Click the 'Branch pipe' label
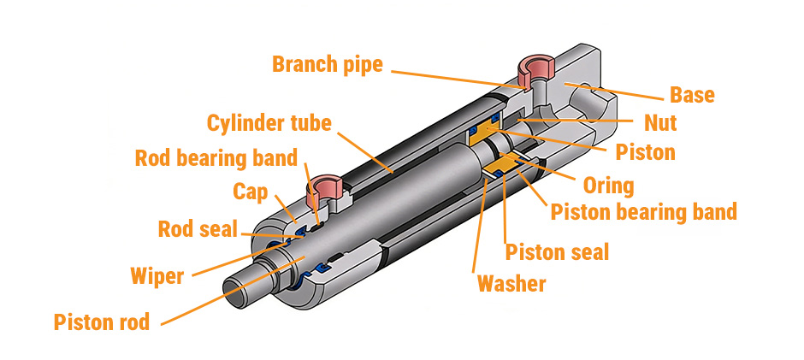pyautogui.click(x=328, y=64)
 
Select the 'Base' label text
pyautogui.click(x=692, y=94)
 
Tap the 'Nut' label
pyautogui.click(x=660, y=123)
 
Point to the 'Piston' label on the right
pyautogui.click(x=645, y=152)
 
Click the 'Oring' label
pyautogui.click(x=607, y=185)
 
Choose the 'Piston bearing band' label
pyautogui.click(x=643, y=211)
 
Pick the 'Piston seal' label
pyautogui.click(x=557, y=251)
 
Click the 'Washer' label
pyautogui.click(x=511, y=283)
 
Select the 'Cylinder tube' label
pyautogui.click(x=269, y=123)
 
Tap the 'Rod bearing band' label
pyautogui.click(x=216, y=158)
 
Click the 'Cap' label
pyautogui.click(x=251, y=191)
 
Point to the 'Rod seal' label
pyautogui.click(x=198, y=229)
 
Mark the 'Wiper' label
pyautogui.click(x=157, y=276)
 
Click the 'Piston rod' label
pyautogui.click(x=101, y=322)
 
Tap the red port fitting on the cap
pyautogui.click(x=326, y=184)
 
